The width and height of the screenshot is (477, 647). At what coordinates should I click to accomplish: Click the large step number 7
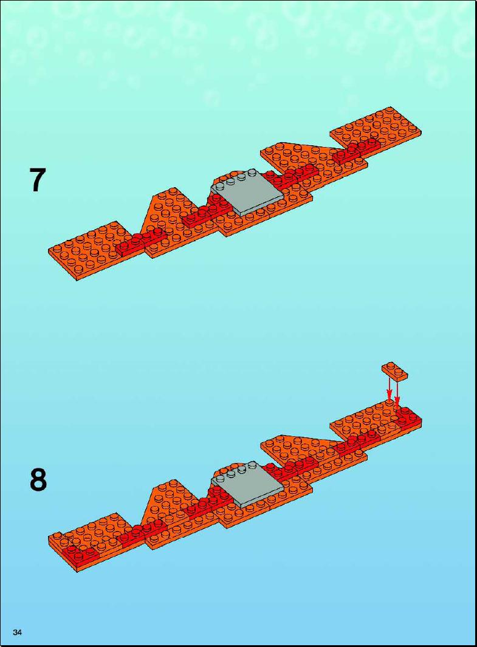(37, 180)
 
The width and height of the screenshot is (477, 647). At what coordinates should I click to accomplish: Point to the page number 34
(18, 632)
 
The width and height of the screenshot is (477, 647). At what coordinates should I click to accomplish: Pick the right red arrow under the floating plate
(397, 394)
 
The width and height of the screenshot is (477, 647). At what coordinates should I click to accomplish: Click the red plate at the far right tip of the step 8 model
(408, 419)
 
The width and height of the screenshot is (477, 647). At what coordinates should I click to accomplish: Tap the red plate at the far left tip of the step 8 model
(80, 554)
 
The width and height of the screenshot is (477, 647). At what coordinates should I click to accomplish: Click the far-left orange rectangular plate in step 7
(89, 250)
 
